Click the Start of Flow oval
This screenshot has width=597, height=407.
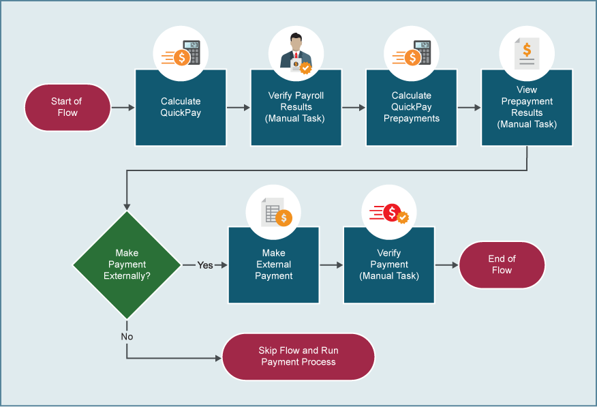click(x=67, y=108)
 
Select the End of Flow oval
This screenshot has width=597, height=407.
click(x=502, y=265)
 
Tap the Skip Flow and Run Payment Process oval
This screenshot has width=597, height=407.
click(x=298, y=357)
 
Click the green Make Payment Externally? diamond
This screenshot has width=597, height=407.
click(x=127, y=265)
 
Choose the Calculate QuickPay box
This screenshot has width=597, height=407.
click(x=181, y=108)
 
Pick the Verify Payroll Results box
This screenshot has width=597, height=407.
click(x=296, y=108)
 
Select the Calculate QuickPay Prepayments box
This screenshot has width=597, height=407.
click(x=411, y=108)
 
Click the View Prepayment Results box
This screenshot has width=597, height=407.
click(x=526, y=108)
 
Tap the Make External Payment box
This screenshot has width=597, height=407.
click(x=273, y=265)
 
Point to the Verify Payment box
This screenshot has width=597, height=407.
click(x=388, y=265)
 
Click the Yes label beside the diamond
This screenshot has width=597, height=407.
click(x=205, y=265)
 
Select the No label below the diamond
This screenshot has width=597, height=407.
click(x=127, y=337)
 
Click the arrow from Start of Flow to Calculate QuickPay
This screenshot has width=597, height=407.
click(x=123, y=108)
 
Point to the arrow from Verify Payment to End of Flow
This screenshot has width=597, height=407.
click(x=446, y=265)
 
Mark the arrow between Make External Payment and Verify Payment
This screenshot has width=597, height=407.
click(x=331, y=265)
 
